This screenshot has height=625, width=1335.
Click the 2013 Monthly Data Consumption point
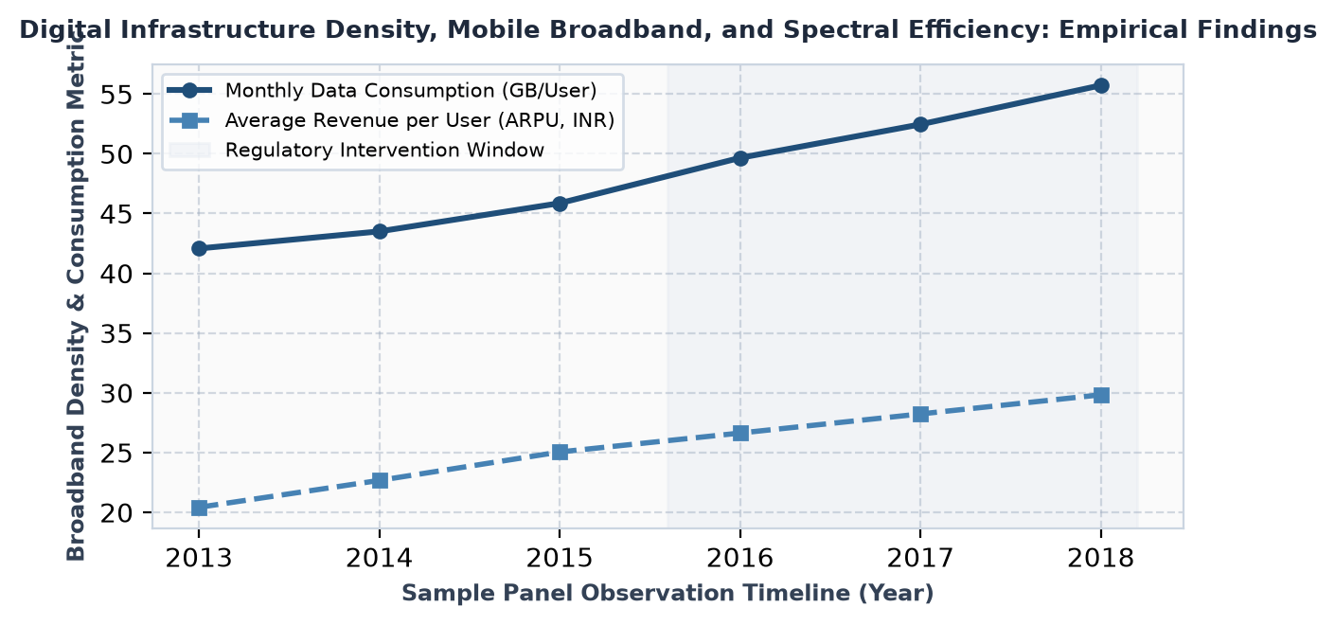pyautogui.click(x=199, y=248)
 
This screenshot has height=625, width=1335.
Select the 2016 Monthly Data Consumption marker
pyautogui.click(x=740, y=158)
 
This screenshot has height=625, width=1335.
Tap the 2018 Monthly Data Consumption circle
pyautogui.click(x=1101, y=86)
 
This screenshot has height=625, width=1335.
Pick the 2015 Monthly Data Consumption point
pyautogui.click(x=560, y=204)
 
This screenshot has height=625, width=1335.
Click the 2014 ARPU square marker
pyautogui.click(x=380, y=480)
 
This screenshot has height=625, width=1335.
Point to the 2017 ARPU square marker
pyautogui.click(x=921, y=414)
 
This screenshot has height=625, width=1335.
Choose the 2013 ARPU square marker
pyautogui.click(x=199, y=509)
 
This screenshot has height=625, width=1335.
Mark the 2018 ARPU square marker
pyautogui.click(x=1101, y=395)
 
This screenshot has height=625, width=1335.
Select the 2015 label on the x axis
pyautogui.click(x=560, y=559)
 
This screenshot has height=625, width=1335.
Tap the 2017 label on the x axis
pyautogui.click(x=921, y=559)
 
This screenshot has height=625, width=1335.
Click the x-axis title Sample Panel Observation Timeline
pyautogui.click(x=667, y=594)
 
